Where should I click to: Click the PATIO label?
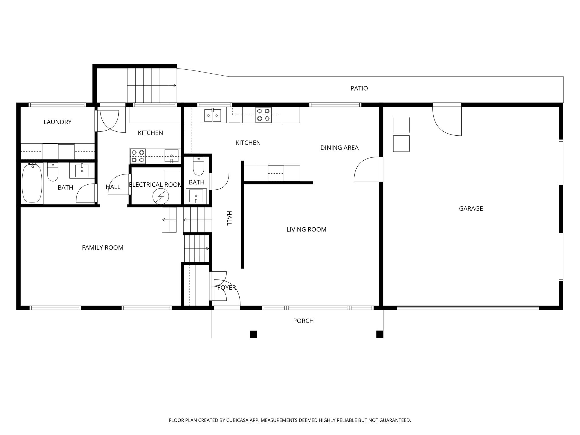point(359,88)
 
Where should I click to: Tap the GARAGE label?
point(471,209)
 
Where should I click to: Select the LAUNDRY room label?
point(57,122)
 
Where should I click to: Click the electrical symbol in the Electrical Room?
point(161,196)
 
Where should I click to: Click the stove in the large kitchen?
point(263,115)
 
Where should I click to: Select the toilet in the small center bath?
point(199,168)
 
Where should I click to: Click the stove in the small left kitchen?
point(138,156)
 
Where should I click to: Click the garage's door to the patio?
point(447,120)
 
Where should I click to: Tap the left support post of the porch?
point(253,334)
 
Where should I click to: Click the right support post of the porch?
point(379,334)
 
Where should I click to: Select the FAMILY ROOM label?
point(103,248)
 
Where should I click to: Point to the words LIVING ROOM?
point(306,230)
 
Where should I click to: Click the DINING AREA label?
point(339,148)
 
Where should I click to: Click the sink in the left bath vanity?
point(82,171)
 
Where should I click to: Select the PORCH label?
point(303,321)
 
